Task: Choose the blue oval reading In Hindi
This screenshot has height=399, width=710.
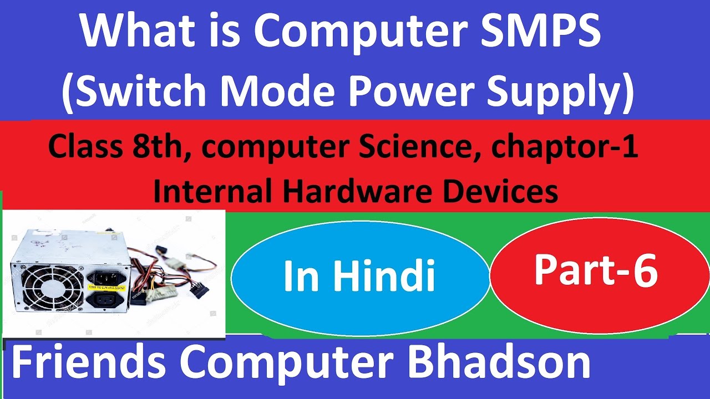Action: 359,277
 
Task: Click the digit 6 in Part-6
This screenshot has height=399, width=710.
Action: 646,272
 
